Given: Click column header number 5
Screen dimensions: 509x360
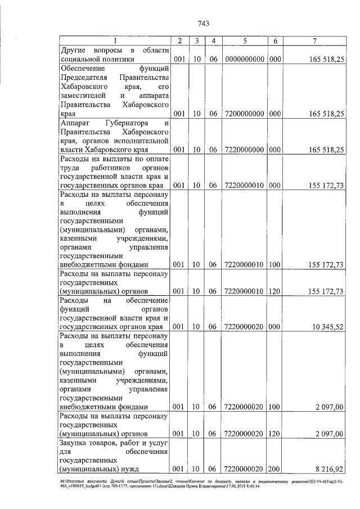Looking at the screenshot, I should (x=245, y=40).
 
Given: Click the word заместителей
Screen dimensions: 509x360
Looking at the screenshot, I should (x=85, y=96).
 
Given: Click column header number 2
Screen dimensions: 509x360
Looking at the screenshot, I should (x=179, y=40).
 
